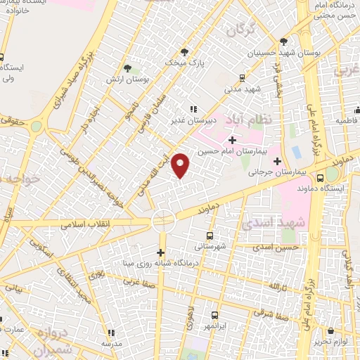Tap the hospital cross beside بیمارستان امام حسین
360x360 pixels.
(233, 141)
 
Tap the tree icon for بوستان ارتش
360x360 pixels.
(127, 68)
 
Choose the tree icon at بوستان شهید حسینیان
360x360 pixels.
(283, 41)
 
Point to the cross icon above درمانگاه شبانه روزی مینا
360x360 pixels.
(160, 253)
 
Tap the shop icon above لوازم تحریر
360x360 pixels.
(331, 330)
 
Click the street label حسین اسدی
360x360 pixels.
(278, 247)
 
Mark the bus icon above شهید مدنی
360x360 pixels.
(241, 78)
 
